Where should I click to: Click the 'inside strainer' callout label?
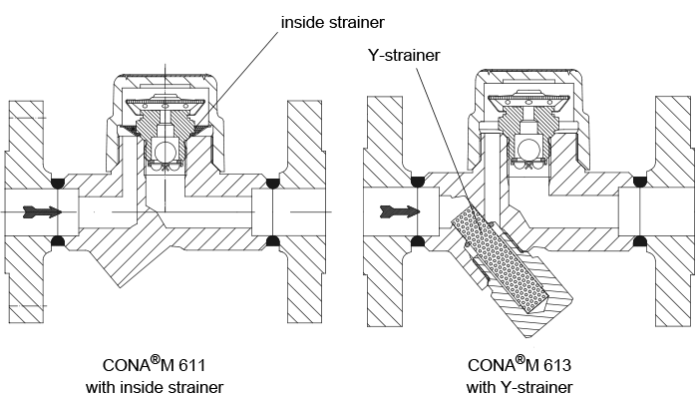point(333,22)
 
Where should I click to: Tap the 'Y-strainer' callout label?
point(404,55)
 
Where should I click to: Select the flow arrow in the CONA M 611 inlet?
point(42,211)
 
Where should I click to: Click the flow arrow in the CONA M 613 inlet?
point(400,211)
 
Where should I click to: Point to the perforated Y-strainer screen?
point(499,258)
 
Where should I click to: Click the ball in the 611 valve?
point(165,149)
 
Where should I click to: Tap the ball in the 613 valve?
point(528,149)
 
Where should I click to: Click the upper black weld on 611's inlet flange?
point(58,183)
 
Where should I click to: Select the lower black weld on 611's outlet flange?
point(272,241)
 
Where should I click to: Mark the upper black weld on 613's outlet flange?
point(640,182)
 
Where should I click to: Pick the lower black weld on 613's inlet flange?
point(417,241)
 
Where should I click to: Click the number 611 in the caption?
point(191,365)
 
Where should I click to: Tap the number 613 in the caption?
point(556,365)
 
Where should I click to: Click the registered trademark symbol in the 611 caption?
point(155,359)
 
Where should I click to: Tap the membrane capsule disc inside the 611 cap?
point(166,104)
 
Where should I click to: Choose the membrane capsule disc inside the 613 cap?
point(528,101)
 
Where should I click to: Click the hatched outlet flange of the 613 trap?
point(673,211)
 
